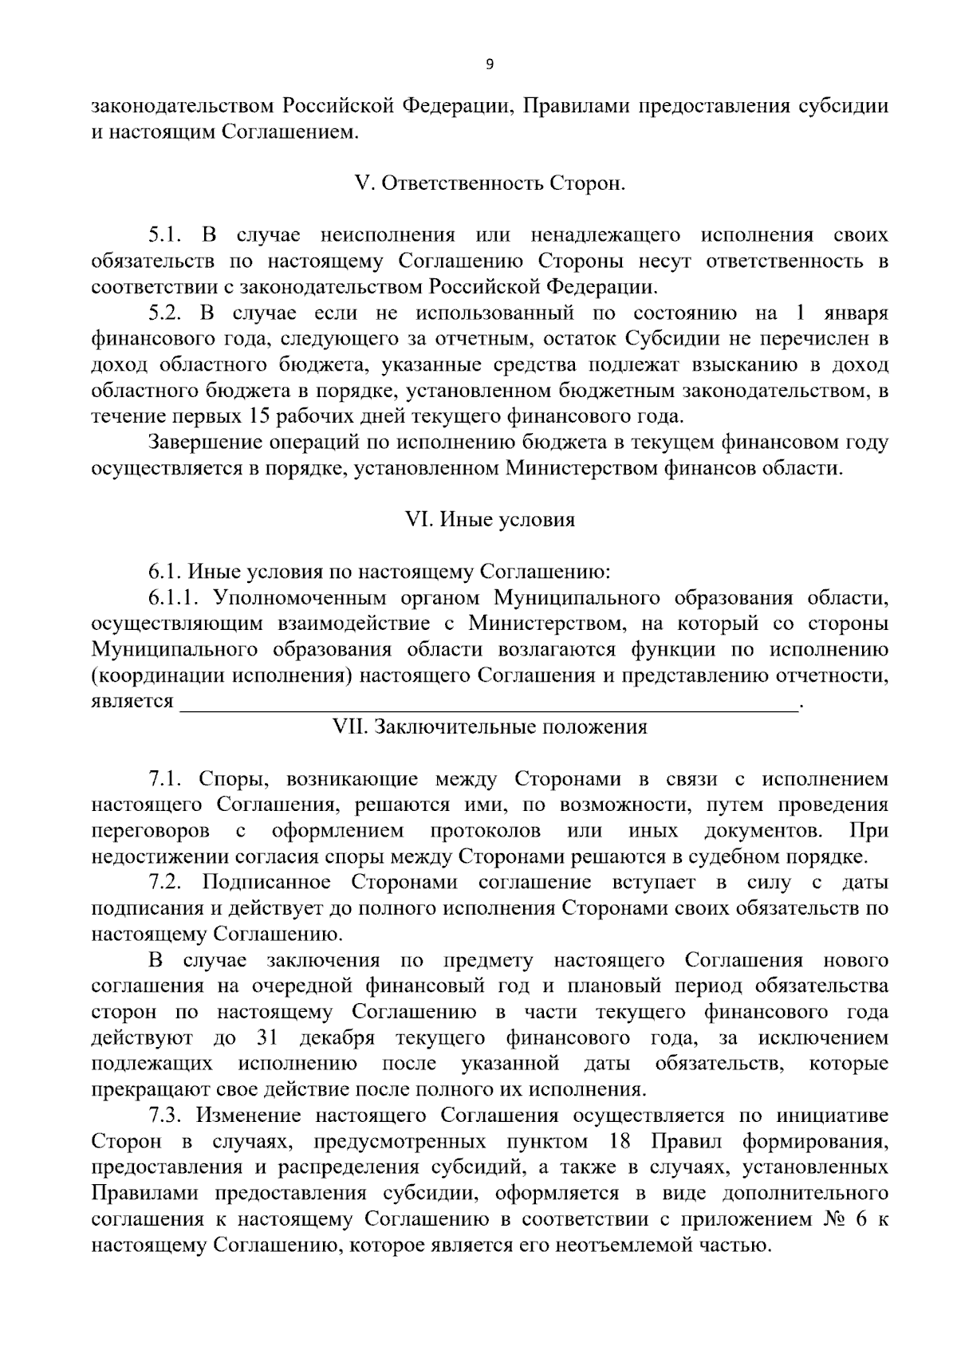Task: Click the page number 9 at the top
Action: tap(490, 65)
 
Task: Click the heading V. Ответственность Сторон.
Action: tap(490, 183)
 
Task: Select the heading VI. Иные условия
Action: tap(490, 520)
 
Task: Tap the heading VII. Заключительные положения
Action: tap(490, 727)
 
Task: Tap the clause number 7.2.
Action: tap(166, 883)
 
